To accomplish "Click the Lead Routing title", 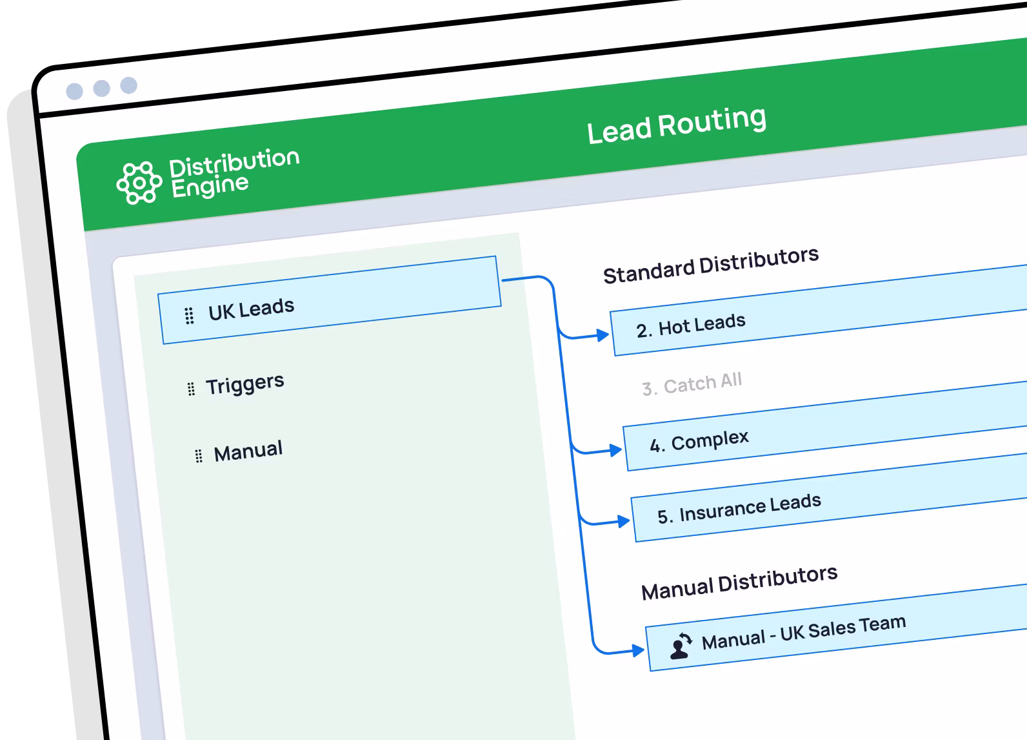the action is [677, 124].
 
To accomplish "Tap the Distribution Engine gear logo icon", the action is [139, 183].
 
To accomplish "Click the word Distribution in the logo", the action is [234, 163].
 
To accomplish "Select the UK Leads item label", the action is [251, 309].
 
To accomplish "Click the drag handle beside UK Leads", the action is [189, 316].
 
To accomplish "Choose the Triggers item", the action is [244, 384].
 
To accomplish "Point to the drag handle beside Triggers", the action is [191, 389].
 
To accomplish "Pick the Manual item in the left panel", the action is [248, 451].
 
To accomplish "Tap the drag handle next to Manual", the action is [199, 456].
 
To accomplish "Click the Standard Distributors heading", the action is [711, 265].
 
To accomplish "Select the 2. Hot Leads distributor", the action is [691, 325].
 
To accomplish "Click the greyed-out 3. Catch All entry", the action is [692, 384].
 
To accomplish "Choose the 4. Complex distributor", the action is [699, 442].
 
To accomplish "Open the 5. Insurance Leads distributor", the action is [739, 508].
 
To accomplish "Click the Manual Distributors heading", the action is [739, 582].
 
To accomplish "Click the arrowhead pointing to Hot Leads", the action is [603, 334].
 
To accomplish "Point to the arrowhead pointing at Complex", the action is [615, 450].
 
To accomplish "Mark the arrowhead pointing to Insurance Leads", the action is [623, 521].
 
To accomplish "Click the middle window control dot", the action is [101, 88].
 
